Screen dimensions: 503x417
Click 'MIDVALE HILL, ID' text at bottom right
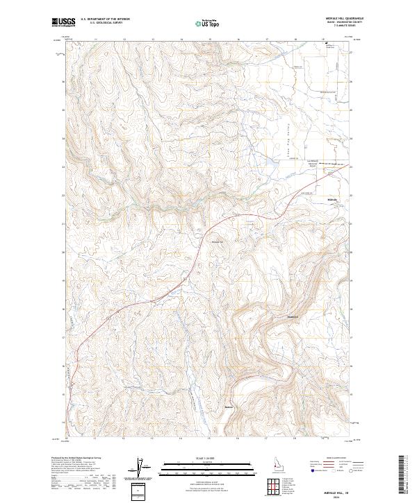pyautogui.click(x=341, y=490)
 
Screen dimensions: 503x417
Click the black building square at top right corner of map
pyautogui.click(x=326, y=44)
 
